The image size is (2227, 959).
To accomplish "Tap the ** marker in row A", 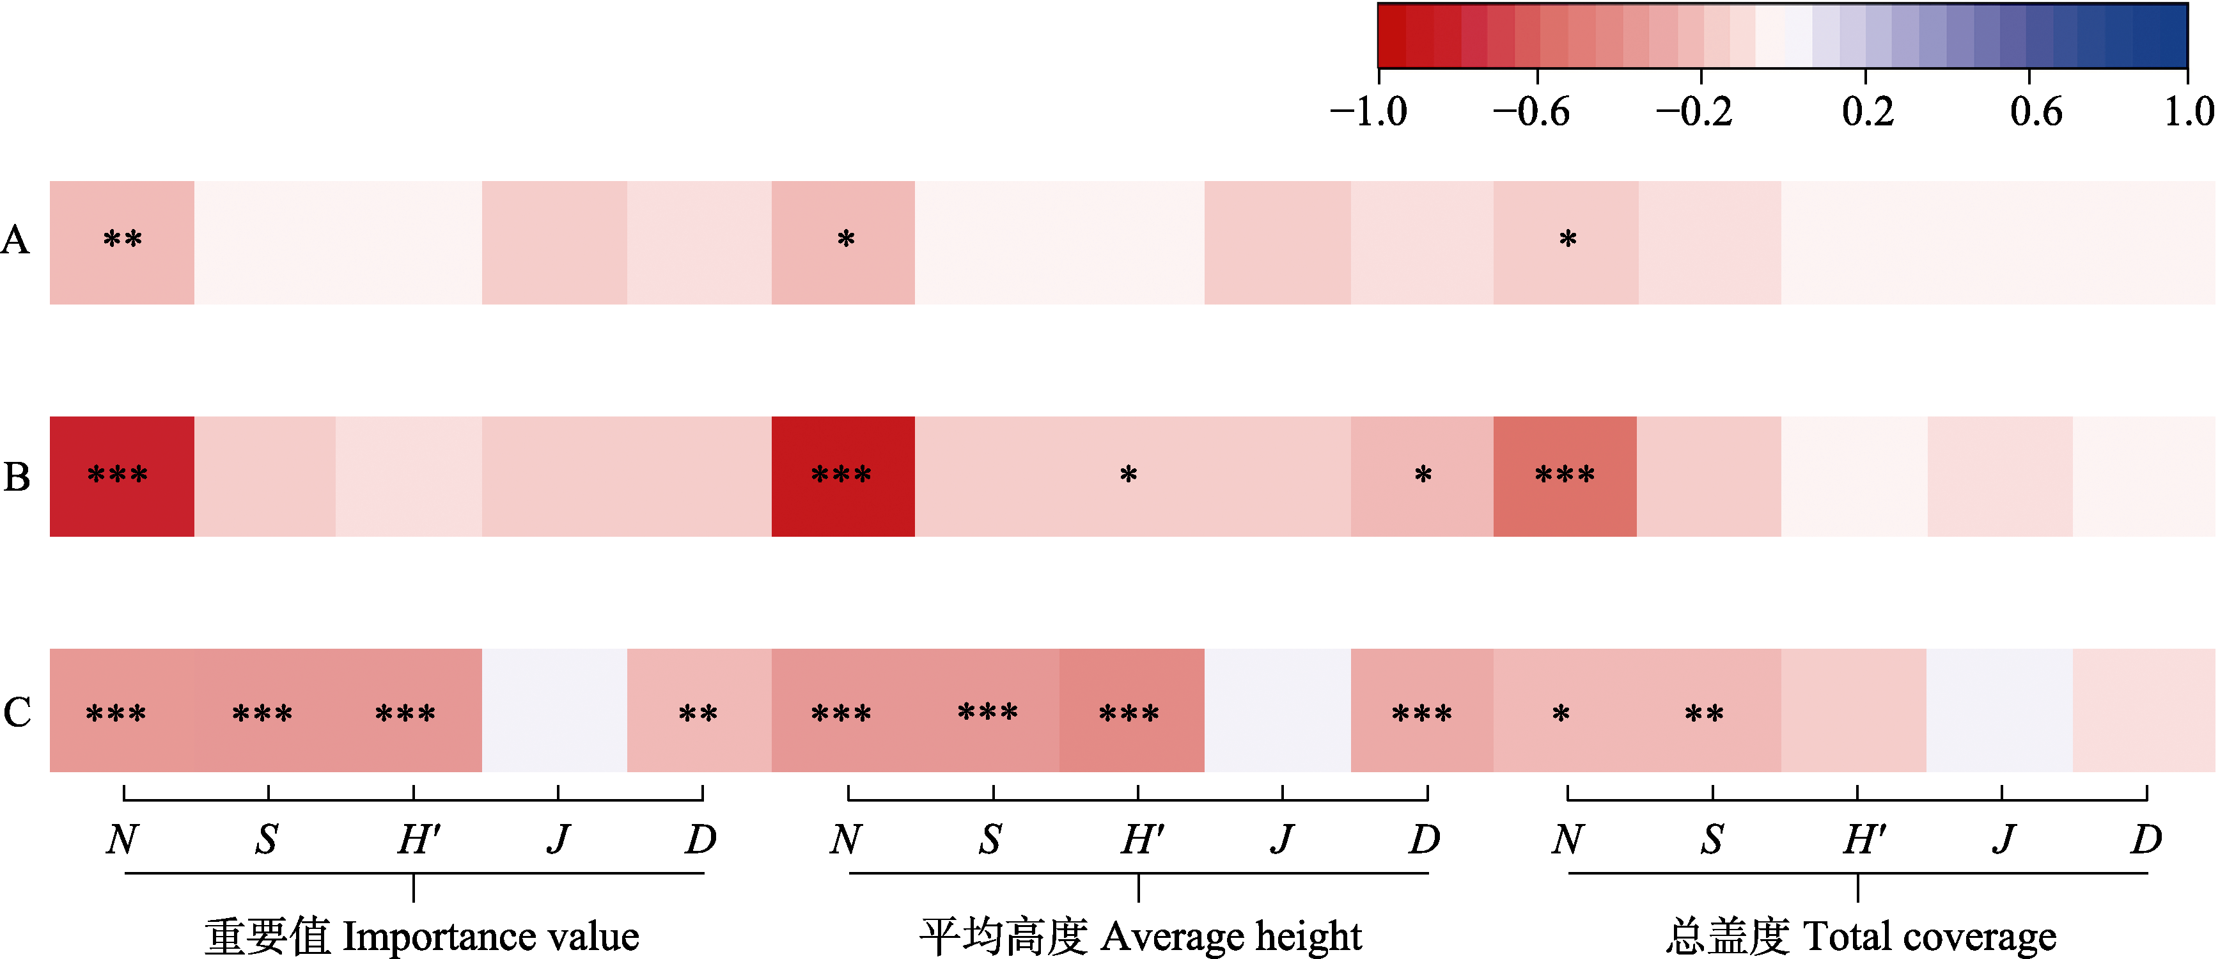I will [x=122, y=239].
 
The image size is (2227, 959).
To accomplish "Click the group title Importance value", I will [x=422, y=937].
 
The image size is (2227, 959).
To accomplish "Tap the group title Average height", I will [x=1140, y=937].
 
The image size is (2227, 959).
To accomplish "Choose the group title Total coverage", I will [x=1861, y=937].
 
